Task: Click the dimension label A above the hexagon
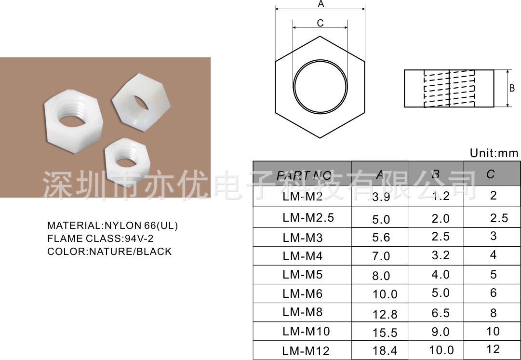pos(321,4)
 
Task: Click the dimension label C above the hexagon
pos(320,23)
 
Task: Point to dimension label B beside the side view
pos(512,88)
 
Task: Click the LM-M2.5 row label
pos(308,218)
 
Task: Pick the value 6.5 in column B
pos(441,313)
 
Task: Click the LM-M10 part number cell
pos(306,332)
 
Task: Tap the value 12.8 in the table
pos(385,315)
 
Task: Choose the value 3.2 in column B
pos(441,255)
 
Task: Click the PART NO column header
pos(304,175)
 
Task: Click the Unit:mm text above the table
pos(494,153)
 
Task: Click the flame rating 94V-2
pos(139,239)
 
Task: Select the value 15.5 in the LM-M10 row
pos(385,333)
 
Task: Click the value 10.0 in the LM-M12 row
pos(441,350)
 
